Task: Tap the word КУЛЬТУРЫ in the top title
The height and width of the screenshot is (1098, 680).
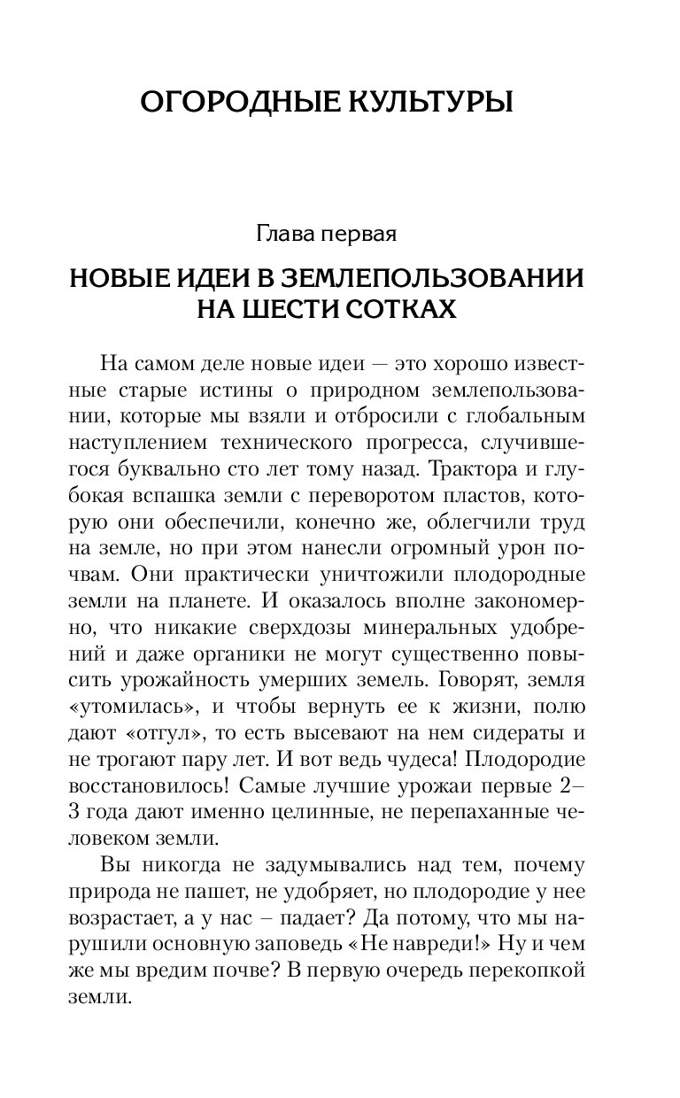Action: coord(425,102)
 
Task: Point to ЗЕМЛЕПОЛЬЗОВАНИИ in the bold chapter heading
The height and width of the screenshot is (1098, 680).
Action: coord(434,277)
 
